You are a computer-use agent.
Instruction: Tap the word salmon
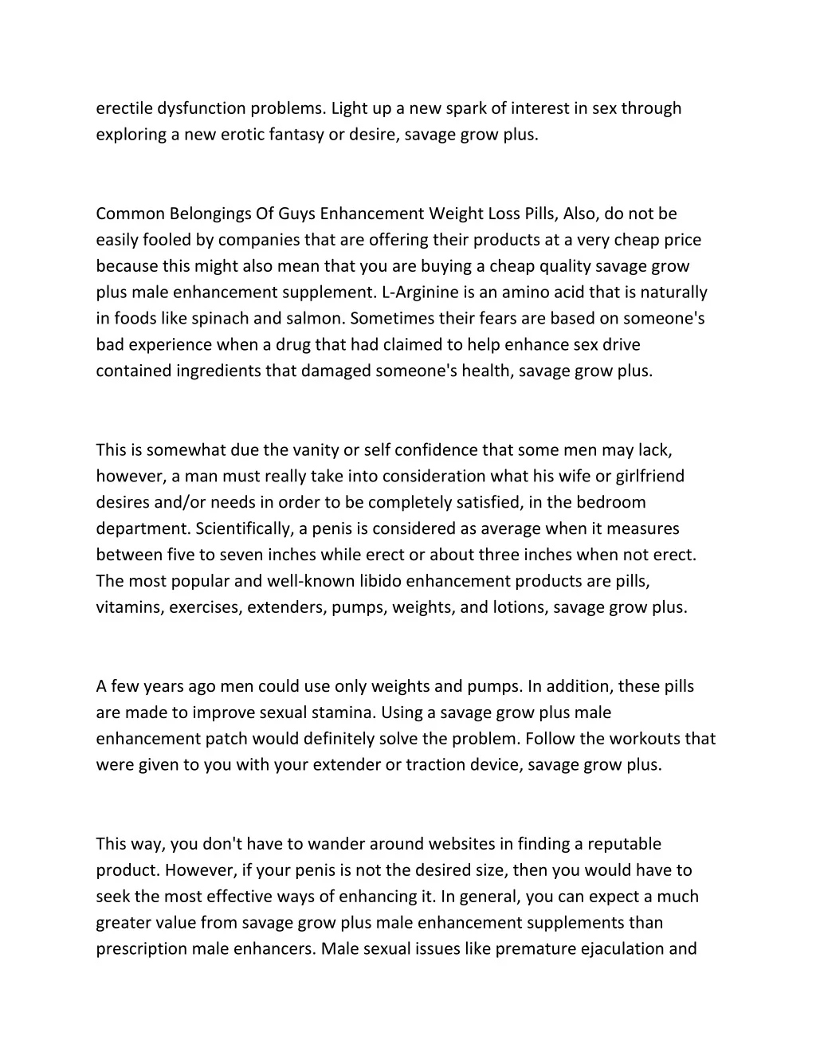point(316,319)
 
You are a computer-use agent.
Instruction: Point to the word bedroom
point(611,503)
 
